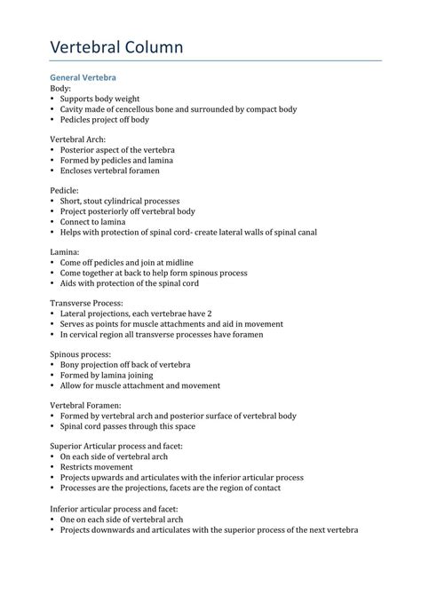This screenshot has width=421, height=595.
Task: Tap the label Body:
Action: tap(60, 89)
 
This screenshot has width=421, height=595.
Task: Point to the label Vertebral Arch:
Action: tap(78, 139)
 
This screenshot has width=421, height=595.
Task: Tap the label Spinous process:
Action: tap(82, 353)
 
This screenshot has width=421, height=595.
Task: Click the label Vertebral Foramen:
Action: tap(86, 405)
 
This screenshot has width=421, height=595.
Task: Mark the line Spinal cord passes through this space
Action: tap(130, 425)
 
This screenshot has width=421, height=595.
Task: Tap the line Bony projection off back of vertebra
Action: tap(125, 364)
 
